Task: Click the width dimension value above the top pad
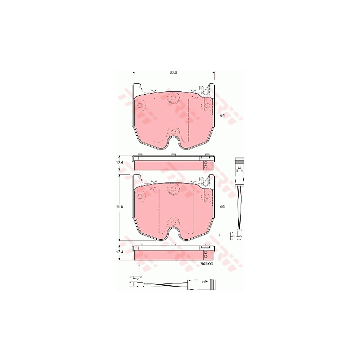click(x=173, y=72)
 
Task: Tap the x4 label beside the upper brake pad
click(x=222, y=115)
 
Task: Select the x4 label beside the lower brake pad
click(x=222, y=207)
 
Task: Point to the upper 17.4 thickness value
click(x=119, y=162)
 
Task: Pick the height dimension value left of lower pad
click(x=119, y=207)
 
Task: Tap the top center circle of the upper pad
click(x=174, y=99)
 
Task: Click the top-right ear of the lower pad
click(x=209, y=179)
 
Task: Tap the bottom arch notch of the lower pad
click(x=174, y=233)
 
